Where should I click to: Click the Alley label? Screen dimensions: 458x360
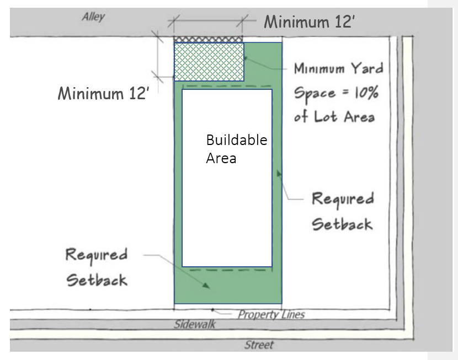pyautogui.click(x=93, y=17)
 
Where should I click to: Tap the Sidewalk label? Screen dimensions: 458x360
pyautogui.click(x=195, y=324)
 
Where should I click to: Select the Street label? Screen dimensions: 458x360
pyautogui.click(x=259, y=345)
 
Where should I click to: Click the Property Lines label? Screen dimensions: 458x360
pyautogui.click(x=271, y=314)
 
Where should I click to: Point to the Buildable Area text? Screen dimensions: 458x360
pyautogui.click(x=237, y=149)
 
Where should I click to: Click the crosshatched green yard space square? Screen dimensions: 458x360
pyautogui.click(x=209, y=62)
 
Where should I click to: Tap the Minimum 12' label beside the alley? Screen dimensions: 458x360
pyautogui.click(x=310, y=22)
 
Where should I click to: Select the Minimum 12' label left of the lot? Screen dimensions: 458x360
pyautogui.click(x=103, y=93)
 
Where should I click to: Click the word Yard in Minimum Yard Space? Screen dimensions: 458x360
pyautogui.click(x=367, y=68)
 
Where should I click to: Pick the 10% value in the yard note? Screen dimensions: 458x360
pyautogui.click(x=366, y=93)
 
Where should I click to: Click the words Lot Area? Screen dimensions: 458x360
pyautogui.click(x=344, y=117)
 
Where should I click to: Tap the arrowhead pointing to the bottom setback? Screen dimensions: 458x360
pyautogui.click(x=206, y=286)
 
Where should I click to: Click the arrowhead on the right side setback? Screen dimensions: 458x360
pyautogui.click(x=279, y=174)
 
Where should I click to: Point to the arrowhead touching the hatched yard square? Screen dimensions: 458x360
pyautogui.click(x=246, y=58)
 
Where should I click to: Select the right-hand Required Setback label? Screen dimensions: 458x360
pyautogui.click(x=343, y=212)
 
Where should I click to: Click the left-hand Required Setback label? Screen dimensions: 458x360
pyautogui.click(x=97, y=267)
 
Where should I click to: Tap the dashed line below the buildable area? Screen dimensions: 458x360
pyautogui.click(x=231, y=270)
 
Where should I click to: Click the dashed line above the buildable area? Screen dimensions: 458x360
pyautogui.click(x=227, y=86)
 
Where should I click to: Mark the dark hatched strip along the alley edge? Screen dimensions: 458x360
pyautogui.click(x=208, y=39)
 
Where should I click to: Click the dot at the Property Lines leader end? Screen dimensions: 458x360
pyautogui.click(x=212, y=309)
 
